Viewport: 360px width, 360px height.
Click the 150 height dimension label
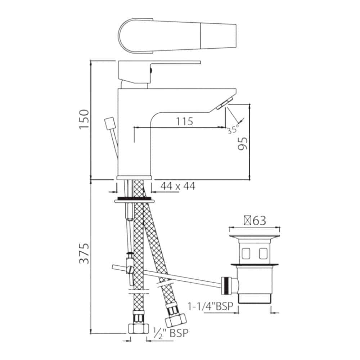(84, 119)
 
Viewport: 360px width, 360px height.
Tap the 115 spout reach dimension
(184, 121)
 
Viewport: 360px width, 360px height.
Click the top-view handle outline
(176, 38)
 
